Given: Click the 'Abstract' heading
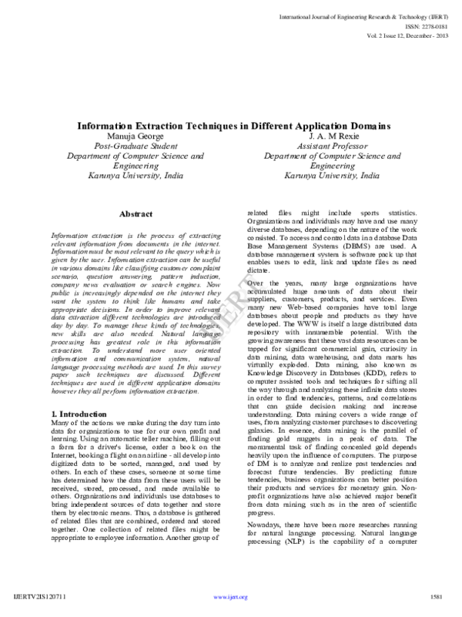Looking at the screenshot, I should (136, 214).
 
